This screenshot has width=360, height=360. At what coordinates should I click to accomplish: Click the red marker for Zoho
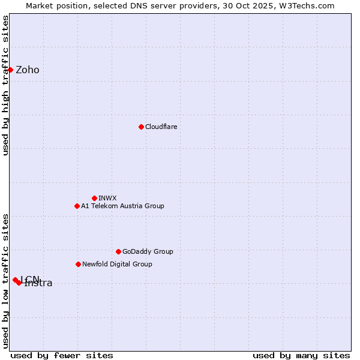click(10, 70)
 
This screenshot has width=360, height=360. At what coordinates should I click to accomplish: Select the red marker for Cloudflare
click(141, 127)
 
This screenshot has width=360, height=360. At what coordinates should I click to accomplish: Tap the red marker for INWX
click(94, 198)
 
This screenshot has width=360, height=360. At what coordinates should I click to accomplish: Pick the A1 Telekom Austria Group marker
click(77, 206)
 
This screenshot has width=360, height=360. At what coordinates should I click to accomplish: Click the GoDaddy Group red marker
click(118, 251)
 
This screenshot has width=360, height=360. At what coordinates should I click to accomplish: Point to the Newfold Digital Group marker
click(78, 264)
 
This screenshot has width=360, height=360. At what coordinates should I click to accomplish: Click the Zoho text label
click(28, 70)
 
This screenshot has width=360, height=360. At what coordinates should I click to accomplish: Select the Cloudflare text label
click(161, 127)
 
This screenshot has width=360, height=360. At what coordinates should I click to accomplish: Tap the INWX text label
click(108, 198)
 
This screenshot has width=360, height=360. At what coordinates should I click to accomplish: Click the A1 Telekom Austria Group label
click(122, 206)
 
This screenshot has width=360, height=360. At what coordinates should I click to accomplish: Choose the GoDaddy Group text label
click(148, 252)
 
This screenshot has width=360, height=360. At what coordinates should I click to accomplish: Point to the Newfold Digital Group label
click(117, 265)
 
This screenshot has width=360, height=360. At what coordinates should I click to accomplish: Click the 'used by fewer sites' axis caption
click(62, 355)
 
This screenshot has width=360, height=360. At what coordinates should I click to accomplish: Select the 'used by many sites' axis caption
click(301, 355)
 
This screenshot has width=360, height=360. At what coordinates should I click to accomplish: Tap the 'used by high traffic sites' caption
click(6, 85)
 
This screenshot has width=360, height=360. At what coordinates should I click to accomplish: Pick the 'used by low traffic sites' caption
click(6, 280)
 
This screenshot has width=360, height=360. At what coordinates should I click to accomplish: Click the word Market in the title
click(40, 6)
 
